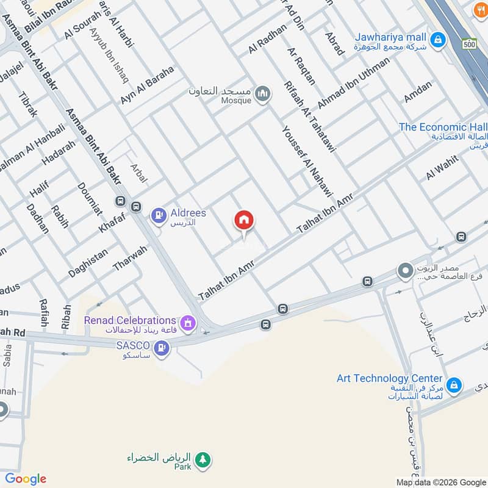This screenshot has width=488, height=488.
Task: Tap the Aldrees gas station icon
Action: [x=159, y=215]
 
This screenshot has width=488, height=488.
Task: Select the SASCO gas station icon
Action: [x=162, y=348]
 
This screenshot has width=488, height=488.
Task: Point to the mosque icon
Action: [x=264, y=94]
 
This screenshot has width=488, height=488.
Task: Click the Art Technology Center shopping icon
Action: [x=453, y=386]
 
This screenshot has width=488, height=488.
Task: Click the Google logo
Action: [x=26, y=479]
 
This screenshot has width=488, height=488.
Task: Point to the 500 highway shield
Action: [x=468, y=45]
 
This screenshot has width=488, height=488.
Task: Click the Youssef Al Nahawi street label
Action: [x=307, y=161]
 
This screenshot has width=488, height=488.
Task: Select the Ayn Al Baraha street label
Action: [x=147, y=85]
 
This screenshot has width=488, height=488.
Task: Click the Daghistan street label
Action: [x=88, y=263]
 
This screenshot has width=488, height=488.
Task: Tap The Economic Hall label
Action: [x=443, y=127]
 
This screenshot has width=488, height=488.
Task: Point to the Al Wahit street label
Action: [x=442, y=167]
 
